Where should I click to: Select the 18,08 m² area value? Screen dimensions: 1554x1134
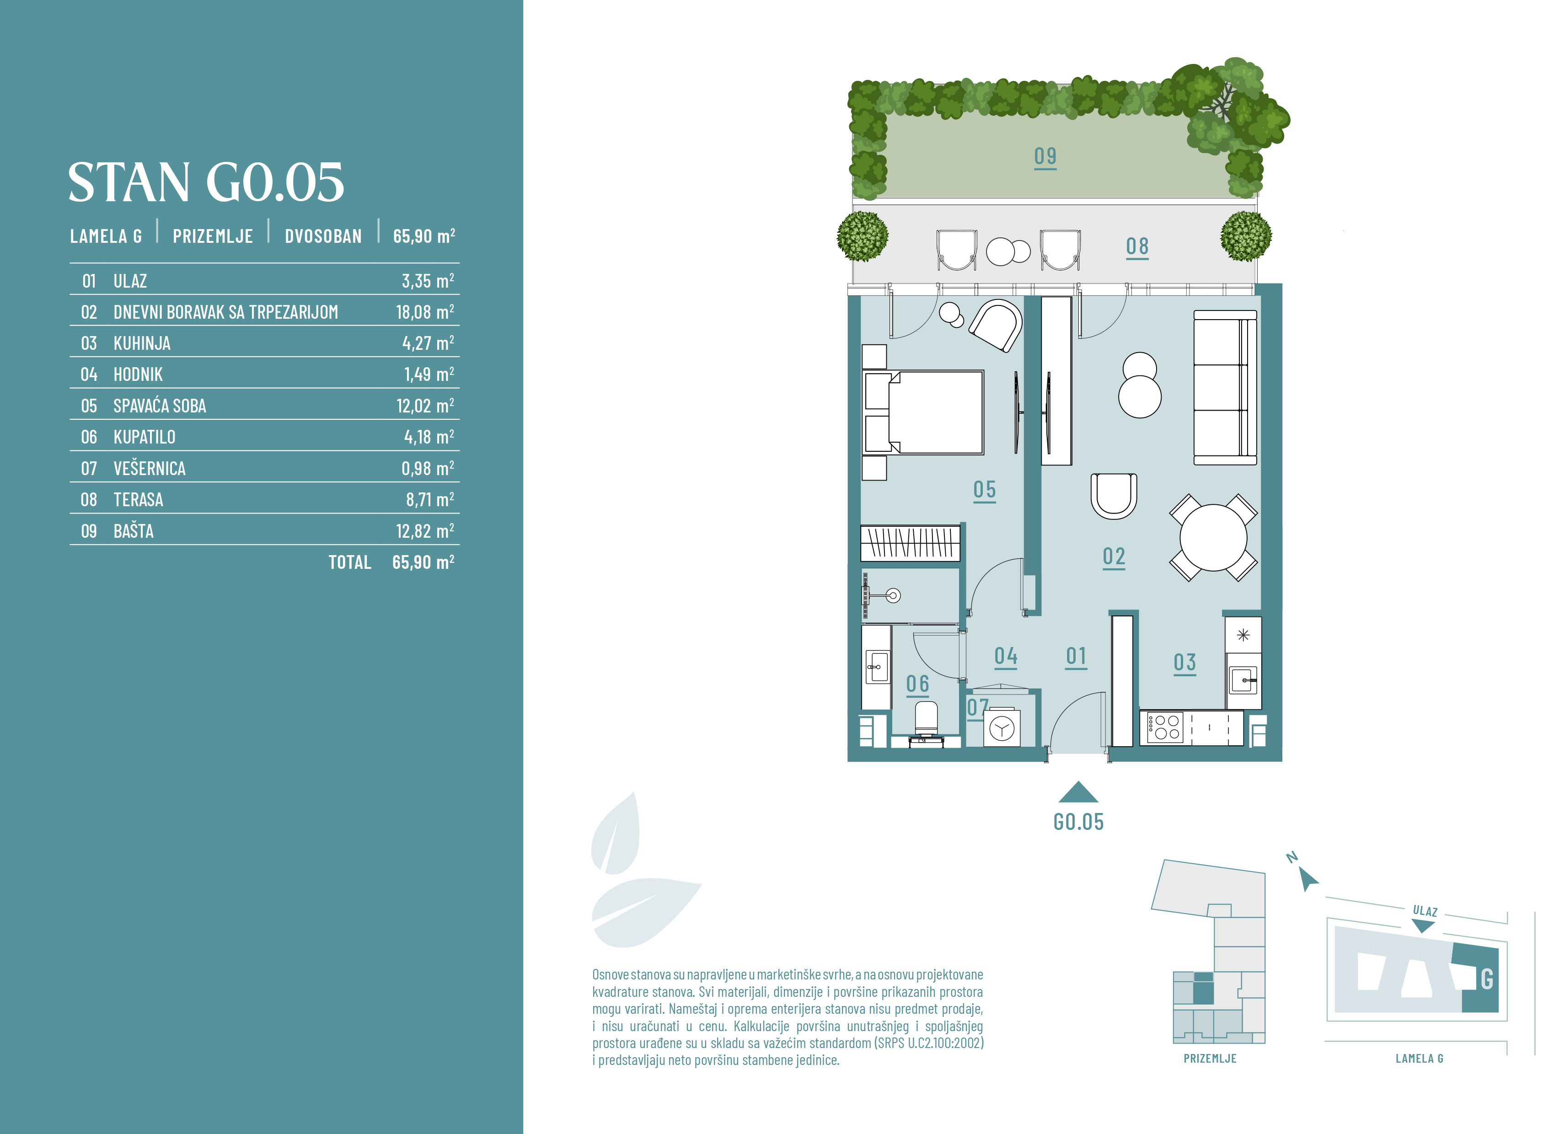(x=425, y=312)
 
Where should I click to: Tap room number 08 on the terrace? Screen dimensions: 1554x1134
(x=1137, y=247)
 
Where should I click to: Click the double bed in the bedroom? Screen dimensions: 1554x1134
(x=924, y=412)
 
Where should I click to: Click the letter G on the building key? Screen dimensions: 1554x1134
(x=1487, y=979)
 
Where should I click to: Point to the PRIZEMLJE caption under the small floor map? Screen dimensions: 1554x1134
(x=1210, y=1059)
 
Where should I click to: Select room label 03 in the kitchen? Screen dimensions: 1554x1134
(x=1185, y=663)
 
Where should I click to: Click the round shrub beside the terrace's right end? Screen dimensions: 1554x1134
(x=1246, y=236)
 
